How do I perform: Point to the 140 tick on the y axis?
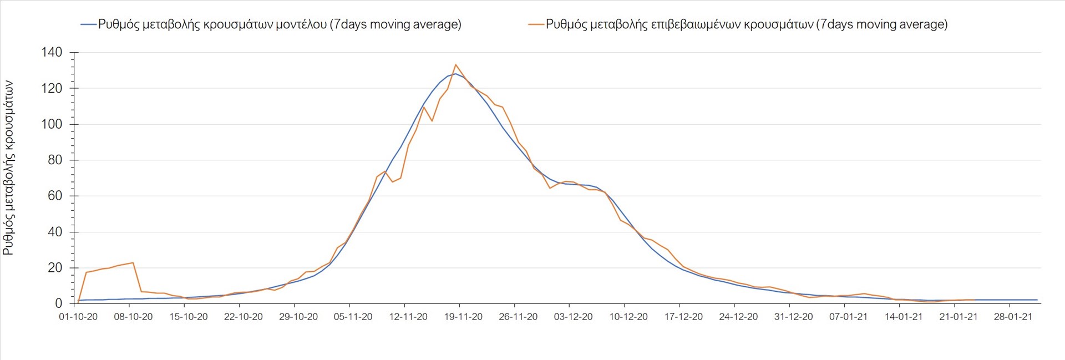pyautogui.click(x=52, y=53)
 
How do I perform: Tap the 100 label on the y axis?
pyautogui.click(x=52, y=124)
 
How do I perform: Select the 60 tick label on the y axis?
pyautogui.click(x=55, y=196)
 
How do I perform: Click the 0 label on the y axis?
pyautogui.click(x=59, y=303)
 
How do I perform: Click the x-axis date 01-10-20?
pyautogui.click(x=78, y=317)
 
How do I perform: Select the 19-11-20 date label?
pyautogui.click(x=463, y=317)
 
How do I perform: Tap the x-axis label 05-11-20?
pyautogui.click(x=353, y=317)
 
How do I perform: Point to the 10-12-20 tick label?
pyautogui.click(x=628, y=317)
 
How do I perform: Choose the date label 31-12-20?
pyautogui.click(x=793, y=317)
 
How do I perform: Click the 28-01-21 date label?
pyautogui.click(x=1013, y=317)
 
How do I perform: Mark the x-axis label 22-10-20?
pyautogui.click(x=244, y=317)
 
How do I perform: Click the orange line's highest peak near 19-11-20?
pyautogui.click(x=455, y=65)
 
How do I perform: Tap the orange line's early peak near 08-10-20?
pyautogui.click(x=133, y=263)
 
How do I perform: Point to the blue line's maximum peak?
pyautogui.click(x=455, y=74)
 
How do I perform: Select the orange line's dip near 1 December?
pyautogui.click(x=550, y=188)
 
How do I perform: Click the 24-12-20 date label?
pyautogui.click(x=738, y=317)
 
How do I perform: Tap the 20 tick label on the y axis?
pyautogui.click(x=55, y=268)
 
